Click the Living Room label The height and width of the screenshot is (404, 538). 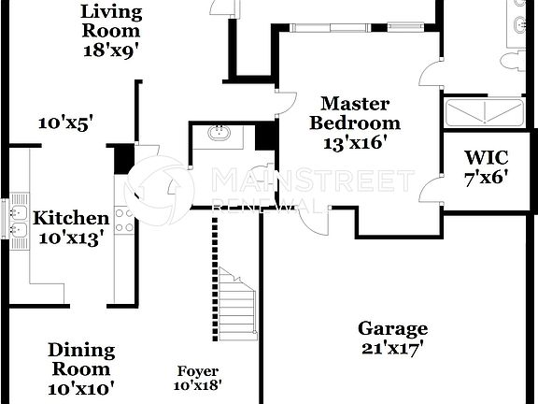click(x=111, y=22)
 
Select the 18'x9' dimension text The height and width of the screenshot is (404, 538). click(x=111, y=50)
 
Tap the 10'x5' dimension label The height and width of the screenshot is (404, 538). click(x=65, y=122)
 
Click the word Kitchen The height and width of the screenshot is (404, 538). click(x=71, y=219)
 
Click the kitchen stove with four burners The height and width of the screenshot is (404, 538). click(x=121, y=220)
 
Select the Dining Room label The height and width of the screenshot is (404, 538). click(x=81, y=359)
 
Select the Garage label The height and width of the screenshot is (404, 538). click(x=393, y=328)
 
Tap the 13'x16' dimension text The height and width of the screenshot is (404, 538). click(x=355, y=143)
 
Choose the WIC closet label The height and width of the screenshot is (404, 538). click(x=486, y=156)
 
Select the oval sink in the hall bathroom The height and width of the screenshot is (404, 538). click(x=221, y=134)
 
